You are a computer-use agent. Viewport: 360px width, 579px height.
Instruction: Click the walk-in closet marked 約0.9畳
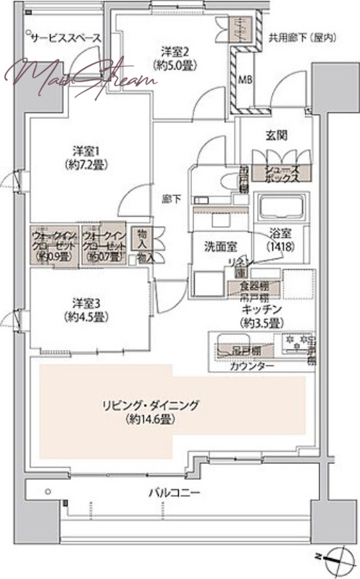tap(51, 245)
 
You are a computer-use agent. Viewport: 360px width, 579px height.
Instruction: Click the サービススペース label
tap(64, 38)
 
